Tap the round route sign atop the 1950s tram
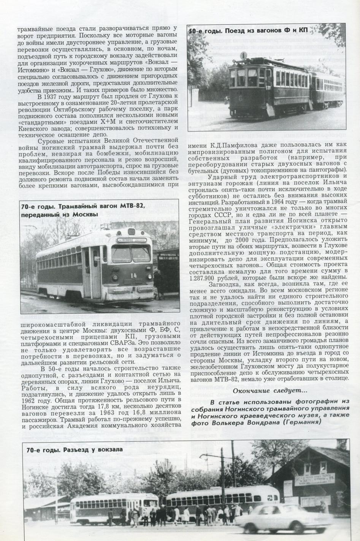244,55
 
